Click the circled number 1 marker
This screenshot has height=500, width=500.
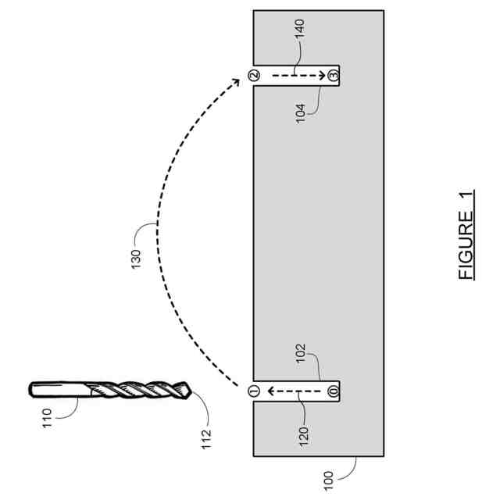pos(253,390)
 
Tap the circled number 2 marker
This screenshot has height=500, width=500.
pos(253,76)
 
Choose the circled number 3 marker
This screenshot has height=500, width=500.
pos(333,76)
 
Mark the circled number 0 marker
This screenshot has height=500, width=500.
pos(333,390)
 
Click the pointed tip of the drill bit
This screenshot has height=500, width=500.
pos(187,389)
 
